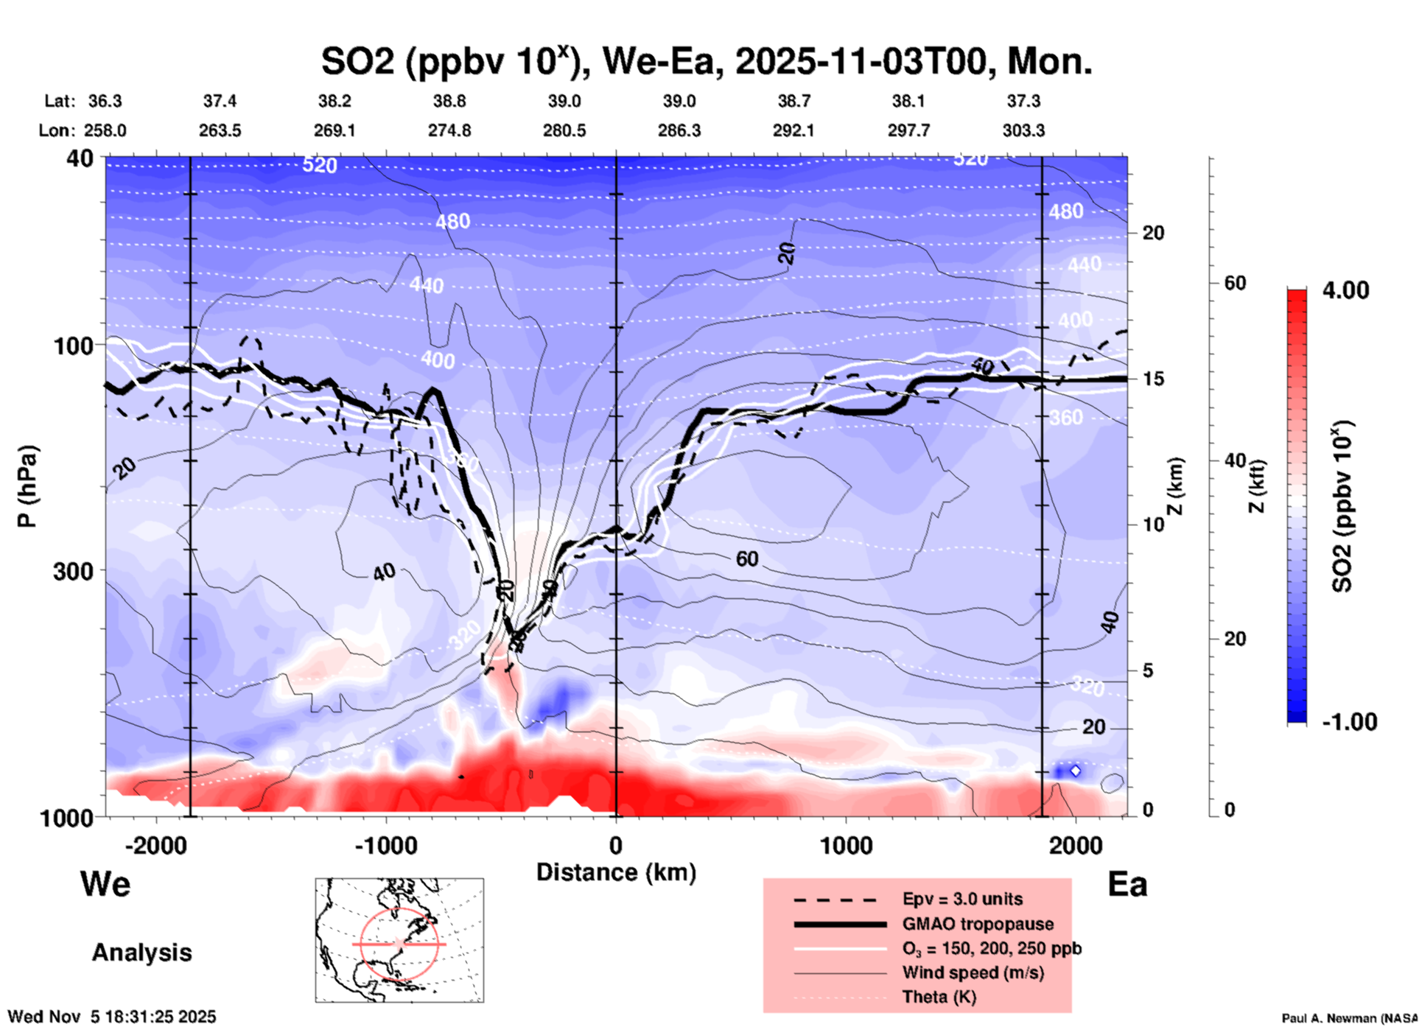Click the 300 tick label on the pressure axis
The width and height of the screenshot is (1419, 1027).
click(x=73, y=571)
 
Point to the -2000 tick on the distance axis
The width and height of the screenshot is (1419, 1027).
click(x=156, y=845)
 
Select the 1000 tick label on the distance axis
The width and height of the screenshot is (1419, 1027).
click(x=846, y=845)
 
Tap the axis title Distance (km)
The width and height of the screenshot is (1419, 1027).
click(x=616, y=872)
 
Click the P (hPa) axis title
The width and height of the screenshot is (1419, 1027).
click(x=27, y=486)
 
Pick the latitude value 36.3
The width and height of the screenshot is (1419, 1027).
click(x=105, y=101)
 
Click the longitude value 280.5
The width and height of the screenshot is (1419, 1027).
click(x=564, y=130)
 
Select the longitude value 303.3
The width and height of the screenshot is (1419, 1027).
click(x=1023, y=130)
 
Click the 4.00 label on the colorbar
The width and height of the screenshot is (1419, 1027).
click(x=1345, y=290)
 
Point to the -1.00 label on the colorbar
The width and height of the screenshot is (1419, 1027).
click(x=1349, y=722)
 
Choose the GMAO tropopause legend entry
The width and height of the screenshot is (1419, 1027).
click(x=978, y=924)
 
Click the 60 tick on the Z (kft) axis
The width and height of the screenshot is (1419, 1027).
click(x=1235, y=283)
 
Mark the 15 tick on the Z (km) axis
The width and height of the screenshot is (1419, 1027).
click(x=1153, y=379)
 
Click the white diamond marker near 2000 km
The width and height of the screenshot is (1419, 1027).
click(x=1076, y=771)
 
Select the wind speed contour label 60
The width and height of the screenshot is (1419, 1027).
click(x=746, y=559)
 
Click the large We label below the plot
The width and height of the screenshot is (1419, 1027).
click(x=105, y=884)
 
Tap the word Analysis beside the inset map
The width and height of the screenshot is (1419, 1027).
click(x=141, y=953)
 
